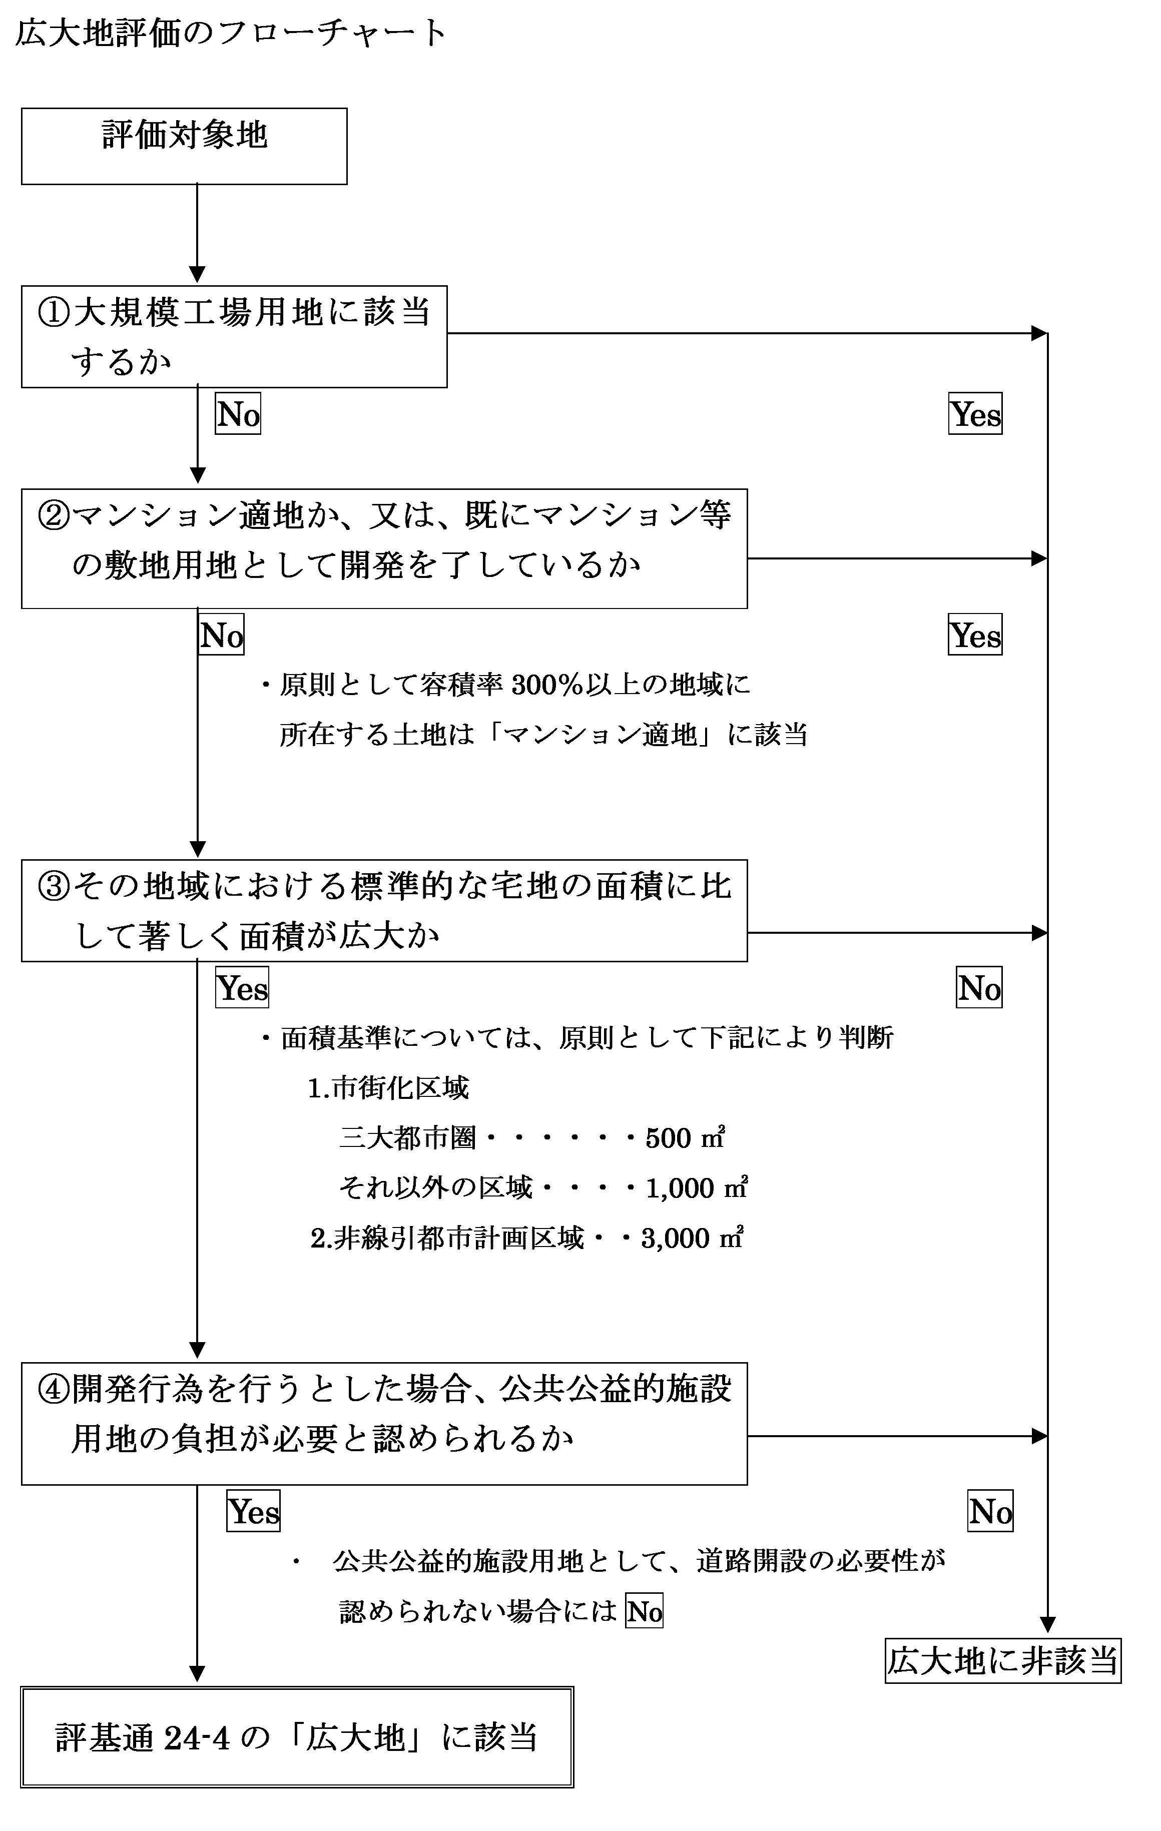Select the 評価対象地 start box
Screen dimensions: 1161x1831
[184, 146]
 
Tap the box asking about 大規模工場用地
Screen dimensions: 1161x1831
[234, 337]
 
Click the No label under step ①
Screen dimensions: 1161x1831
[238, 414]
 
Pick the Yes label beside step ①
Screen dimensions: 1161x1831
[975, 414]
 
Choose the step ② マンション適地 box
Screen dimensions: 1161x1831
[384, 548]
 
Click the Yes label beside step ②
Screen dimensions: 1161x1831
[975, 635]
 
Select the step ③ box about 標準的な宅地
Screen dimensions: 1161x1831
[384, 910]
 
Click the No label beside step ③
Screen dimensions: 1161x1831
[979, 988]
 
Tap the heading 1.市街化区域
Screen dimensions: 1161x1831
[388, 1088]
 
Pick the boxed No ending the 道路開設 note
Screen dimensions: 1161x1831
[645, 1611]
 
